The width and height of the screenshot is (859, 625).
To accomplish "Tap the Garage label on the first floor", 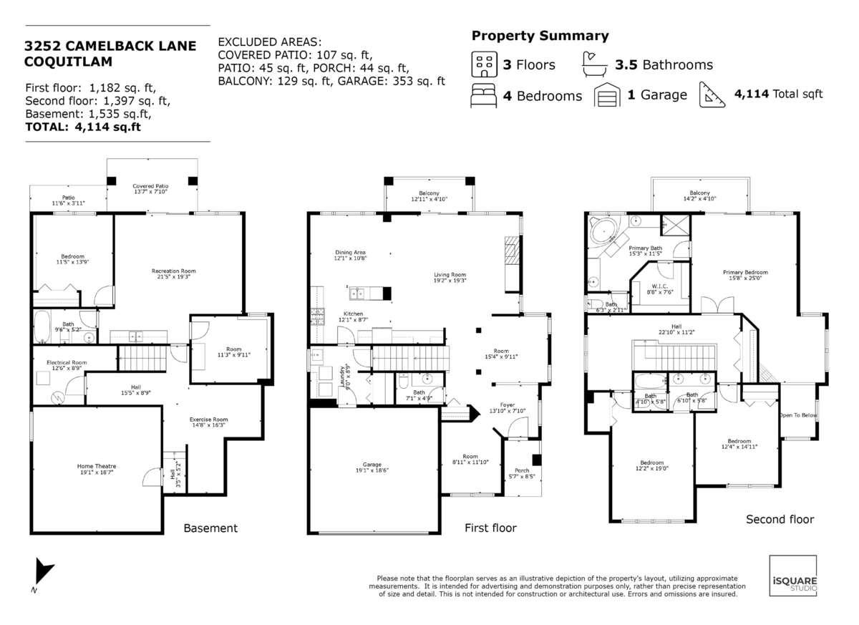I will [x=372, y=464].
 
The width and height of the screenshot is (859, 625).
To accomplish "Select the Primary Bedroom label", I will [x=744, y=273].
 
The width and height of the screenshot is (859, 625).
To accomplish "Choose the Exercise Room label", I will [x=208, y=419].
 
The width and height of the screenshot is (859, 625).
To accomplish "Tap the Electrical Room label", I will [x=67, y=363].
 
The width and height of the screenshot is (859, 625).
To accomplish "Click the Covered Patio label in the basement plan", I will [x=150, y=186].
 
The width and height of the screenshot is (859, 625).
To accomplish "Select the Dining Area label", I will [x=350, y=253].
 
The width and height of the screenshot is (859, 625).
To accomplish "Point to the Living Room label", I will [x=450, y=274].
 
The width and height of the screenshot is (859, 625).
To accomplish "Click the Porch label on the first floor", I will [x=522, y=470].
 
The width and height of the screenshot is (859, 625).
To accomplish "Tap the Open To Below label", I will [x=797, y=415].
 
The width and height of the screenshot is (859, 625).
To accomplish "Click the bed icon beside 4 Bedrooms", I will [x=484, y=96].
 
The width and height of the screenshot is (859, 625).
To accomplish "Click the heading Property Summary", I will [x=540, y=36].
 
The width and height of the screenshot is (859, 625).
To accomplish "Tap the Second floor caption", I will [x=780, y=519].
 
